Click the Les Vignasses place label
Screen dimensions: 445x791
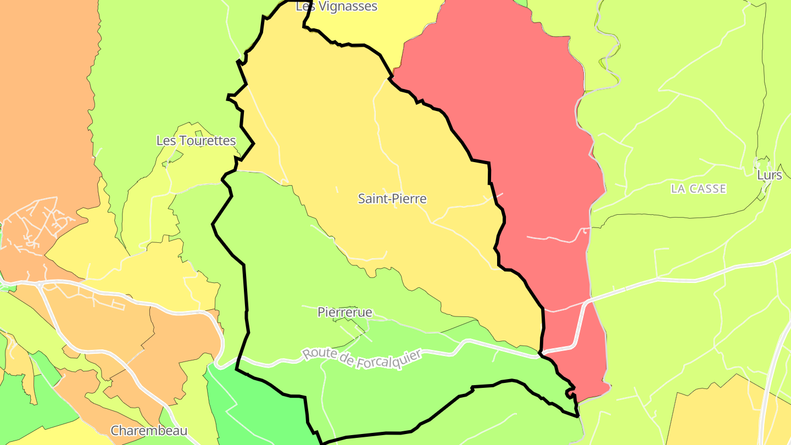tap(336, 7)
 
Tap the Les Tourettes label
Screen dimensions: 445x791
tap(196, 141)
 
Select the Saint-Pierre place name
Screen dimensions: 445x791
tap(392, 199)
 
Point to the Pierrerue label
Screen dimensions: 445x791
tap(345, 313)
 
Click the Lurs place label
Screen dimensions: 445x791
tap(769, 175)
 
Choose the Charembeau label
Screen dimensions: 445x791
tap(149, 431)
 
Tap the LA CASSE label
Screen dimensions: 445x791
tap(698, 189)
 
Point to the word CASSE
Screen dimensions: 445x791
tap(708, 189)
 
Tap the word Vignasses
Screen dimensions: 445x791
tap(348, 7)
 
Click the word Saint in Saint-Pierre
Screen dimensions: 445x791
tap(372, 199)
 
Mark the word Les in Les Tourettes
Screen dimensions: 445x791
tap(166, 141)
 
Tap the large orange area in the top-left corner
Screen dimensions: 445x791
tap(44, 110)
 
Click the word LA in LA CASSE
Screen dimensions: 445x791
tap(678, 189)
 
